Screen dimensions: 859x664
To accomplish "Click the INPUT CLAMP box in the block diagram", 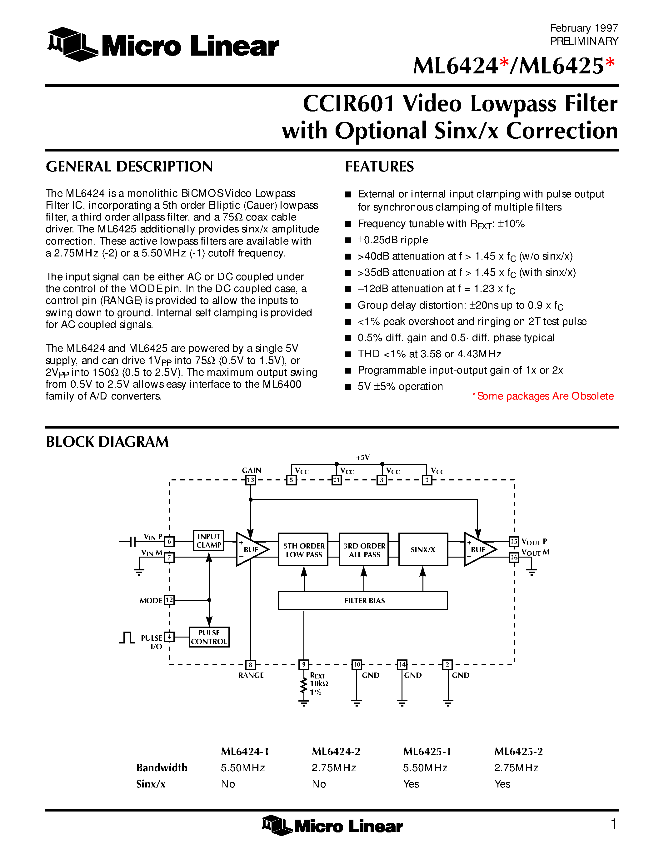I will tap(208, 540).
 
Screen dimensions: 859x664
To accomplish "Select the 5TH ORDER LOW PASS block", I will tap(303, 549).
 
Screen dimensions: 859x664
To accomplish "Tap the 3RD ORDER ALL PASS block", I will tap(364, 549).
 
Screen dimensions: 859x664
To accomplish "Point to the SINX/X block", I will tap(423, 549).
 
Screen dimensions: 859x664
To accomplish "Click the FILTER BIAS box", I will tap(363, 601).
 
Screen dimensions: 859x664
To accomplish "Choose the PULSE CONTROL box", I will tap(209, 637).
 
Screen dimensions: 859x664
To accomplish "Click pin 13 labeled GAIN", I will tap(251, 480).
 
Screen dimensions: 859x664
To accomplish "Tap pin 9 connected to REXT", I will tap(304, 665).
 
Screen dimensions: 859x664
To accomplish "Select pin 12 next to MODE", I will tap(169, 600).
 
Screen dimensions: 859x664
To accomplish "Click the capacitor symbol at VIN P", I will tap(133, 542).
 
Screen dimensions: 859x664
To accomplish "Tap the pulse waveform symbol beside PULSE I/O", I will tap(127, 638).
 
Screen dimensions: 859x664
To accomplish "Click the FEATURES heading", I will tap(380, 166).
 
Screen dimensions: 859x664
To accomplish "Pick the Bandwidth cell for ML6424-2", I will tap(334, 768).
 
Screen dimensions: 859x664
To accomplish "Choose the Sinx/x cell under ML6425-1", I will tap(411, 784).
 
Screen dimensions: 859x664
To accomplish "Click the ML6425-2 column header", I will tap(518, 752).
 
